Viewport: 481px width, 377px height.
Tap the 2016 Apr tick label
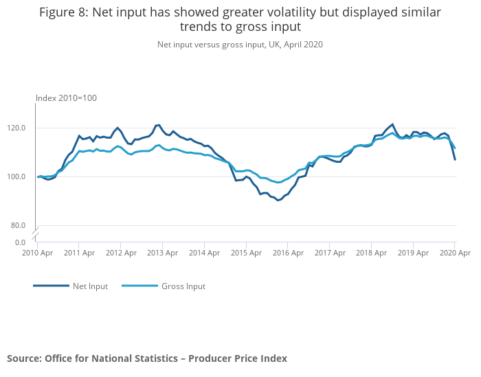tap(288, 253)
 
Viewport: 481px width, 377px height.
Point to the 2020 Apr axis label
tap(454, 253)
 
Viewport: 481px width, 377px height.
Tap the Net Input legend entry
tap(90, 286)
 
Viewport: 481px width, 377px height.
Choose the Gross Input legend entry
tap(183, 286)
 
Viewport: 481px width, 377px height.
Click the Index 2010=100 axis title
tap(66, 98)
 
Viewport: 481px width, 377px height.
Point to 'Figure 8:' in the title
tap(63, 12)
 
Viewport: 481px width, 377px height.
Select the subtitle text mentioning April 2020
tap(240, 45)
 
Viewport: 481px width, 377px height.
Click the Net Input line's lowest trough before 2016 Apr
tap(278, 200)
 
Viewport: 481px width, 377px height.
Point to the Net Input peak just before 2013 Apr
tap(158, 125)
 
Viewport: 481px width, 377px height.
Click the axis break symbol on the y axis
tap(35, 233)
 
